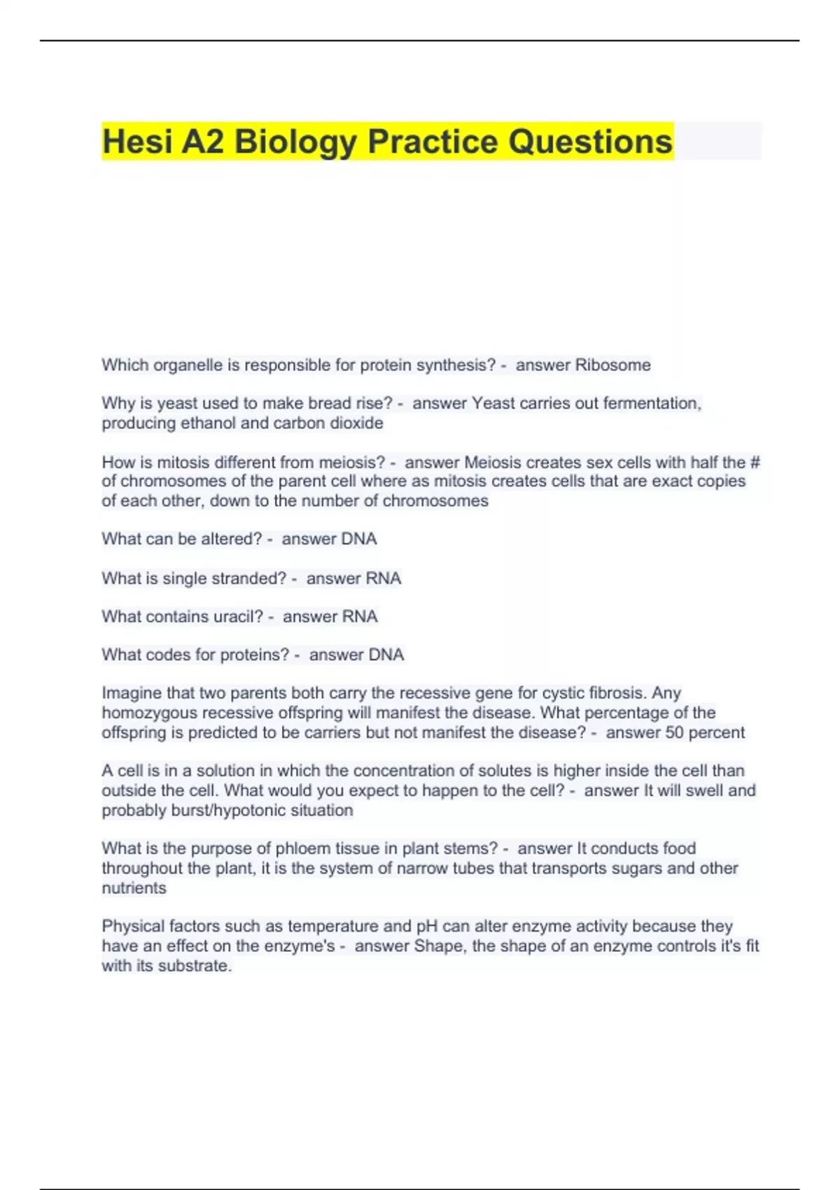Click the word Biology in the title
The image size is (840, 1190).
(295, 141)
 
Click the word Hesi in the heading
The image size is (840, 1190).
(137, 141)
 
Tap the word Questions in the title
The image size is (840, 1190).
(590, 141)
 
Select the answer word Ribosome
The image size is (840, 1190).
(612, 365)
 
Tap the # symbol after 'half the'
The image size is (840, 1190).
(755, 462)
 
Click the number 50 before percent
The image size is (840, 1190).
(675, 732)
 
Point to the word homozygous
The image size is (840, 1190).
(150, 713)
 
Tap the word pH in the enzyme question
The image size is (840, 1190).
(427, 926)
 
